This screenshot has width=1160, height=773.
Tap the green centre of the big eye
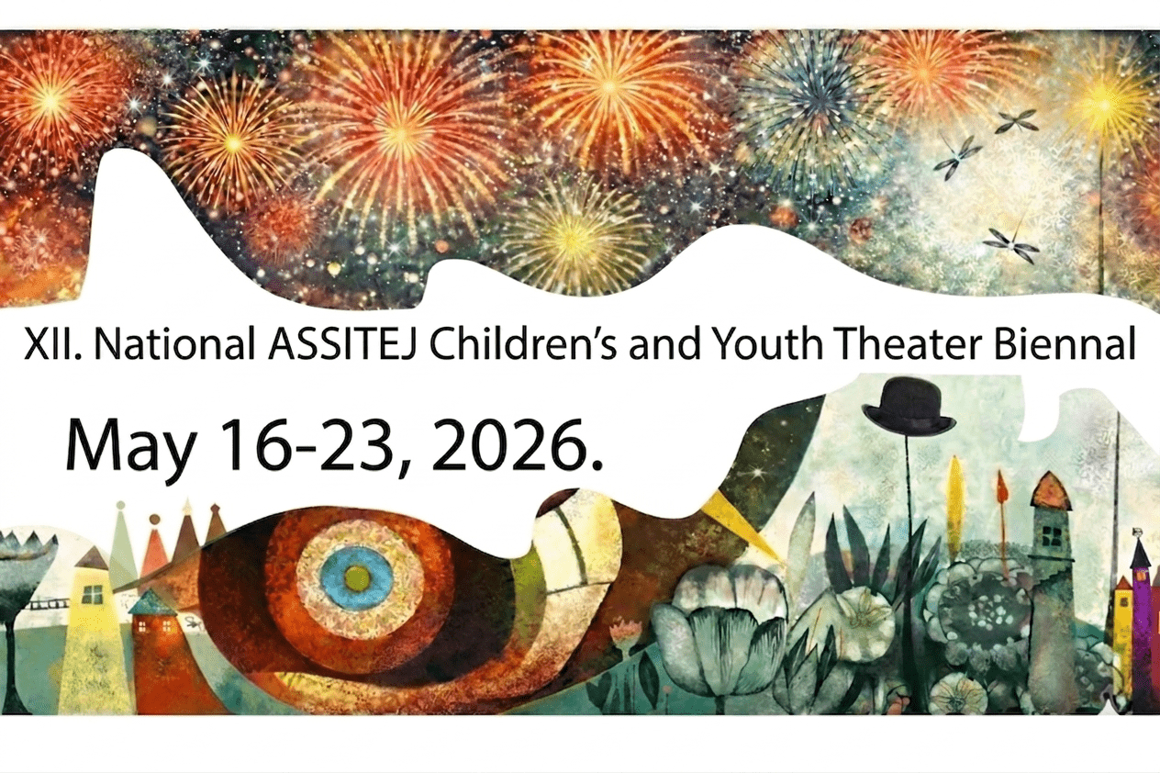tap(358, 577)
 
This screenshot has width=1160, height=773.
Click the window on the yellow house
tap(92, 594)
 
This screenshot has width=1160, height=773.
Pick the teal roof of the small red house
tap(151, 603)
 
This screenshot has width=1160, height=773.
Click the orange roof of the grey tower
tap(1051, 492)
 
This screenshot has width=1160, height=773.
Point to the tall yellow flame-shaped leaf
tap(955, 496)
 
